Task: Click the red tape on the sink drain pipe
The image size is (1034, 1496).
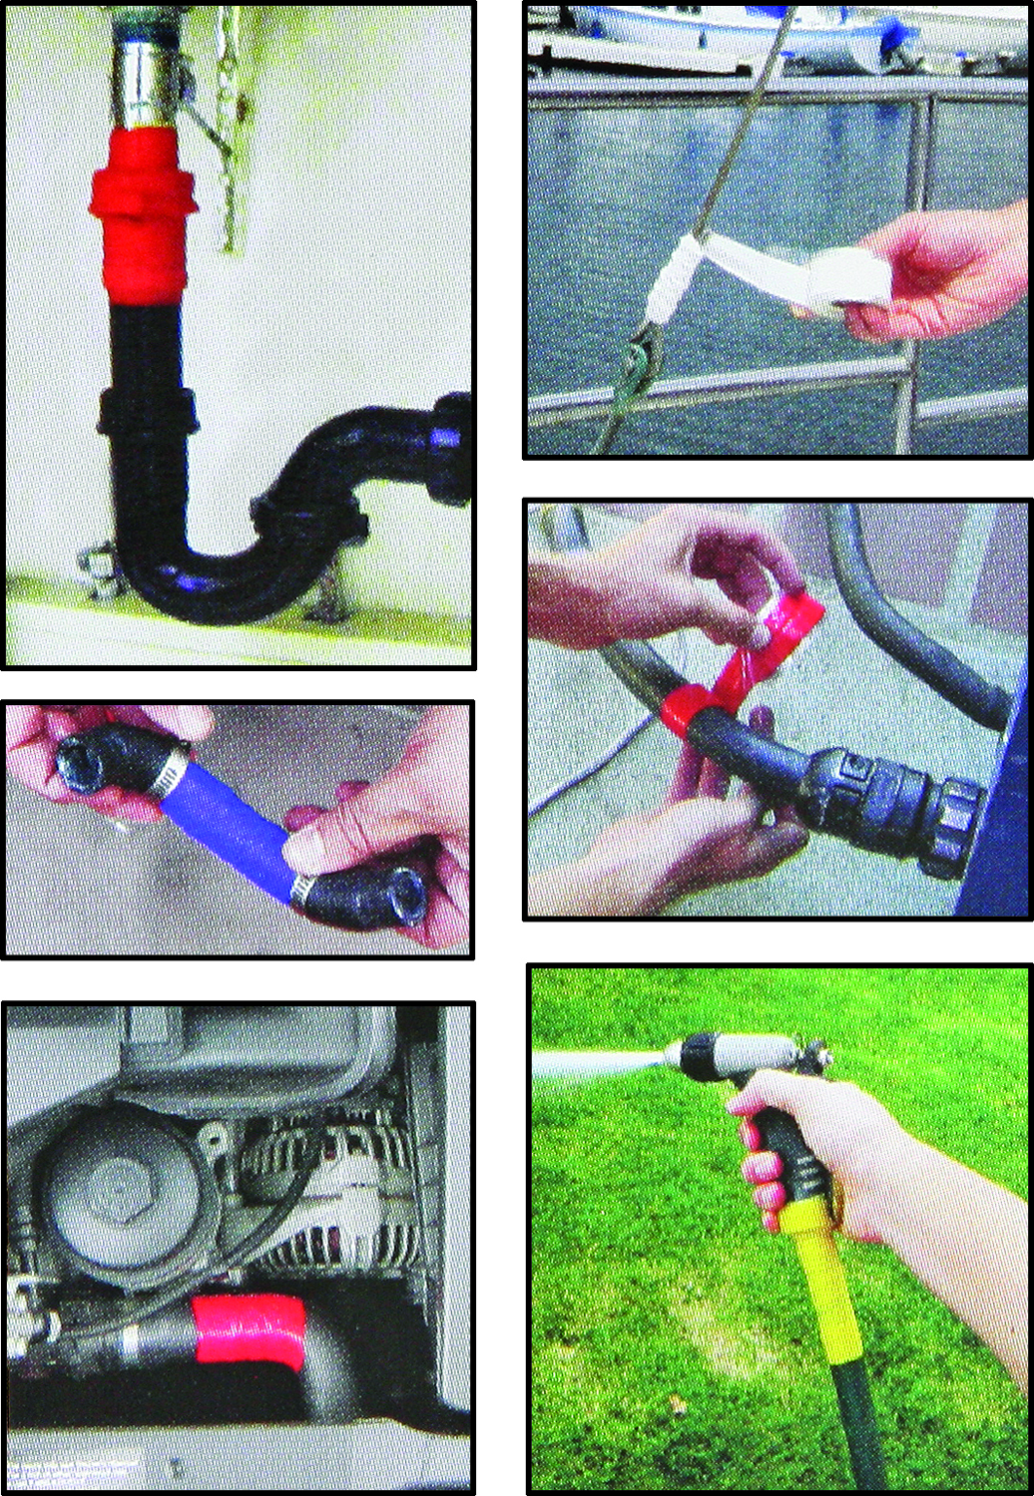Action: (x=140, y=219)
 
